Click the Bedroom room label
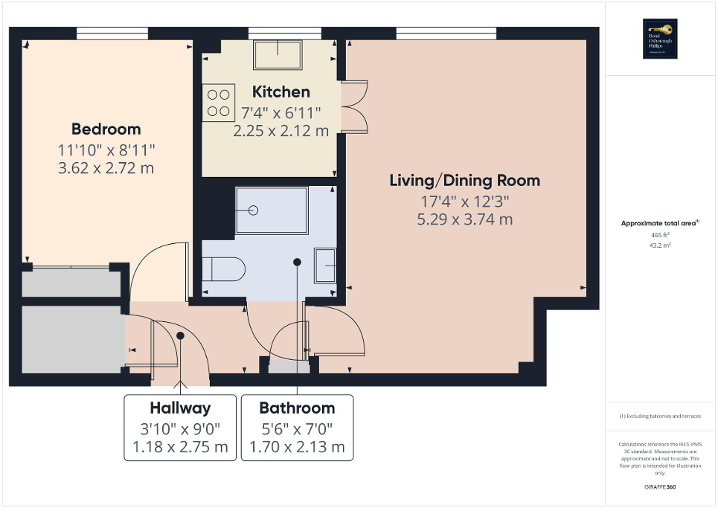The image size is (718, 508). (106, 129)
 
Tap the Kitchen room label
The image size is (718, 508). (281, 92)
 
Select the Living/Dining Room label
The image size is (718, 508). (465, 180)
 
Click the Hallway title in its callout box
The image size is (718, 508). (179, 408)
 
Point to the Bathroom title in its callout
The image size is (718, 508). (297, 408)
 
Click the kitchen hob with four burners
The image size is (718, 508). (218, 103)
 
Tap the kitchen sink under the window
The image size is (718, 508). (278, 54)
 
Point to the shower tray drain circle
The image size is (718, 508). (254, 210)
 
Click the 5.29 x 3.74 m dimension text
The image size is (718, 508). (465, 219)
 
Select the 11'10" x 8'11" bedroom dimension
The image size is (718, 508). (106, 149)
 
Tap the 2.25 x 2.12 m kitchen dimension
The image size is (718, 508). (281, 131)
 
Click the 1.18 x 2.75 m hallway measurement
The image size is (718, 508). (179, 447)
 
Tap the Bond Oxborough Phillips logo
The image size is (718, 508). (660, 39)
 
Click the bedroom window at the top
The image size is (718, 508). (112, 32)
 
